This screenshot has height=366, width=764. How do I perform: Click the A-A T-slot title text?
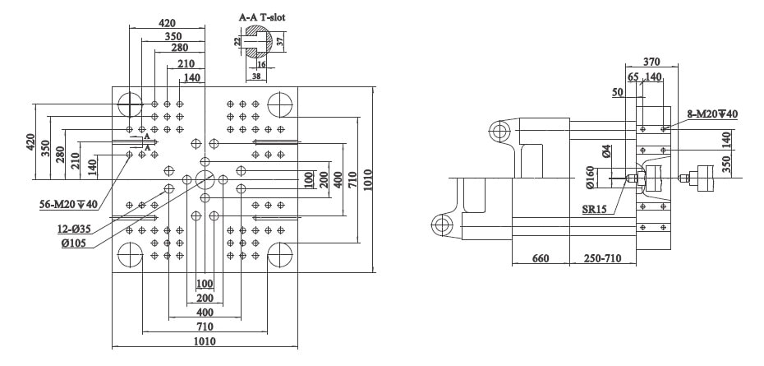point(262,17)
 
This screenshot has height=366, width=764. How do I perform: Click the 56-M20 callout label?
point(69,204)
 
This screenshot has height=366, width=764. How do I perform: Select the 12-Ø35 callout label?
point(73,229)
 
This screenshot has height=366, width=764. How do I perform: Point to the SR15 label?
point(595,210)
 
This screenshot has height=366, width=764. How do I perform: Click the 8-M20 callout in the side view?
point(712,114)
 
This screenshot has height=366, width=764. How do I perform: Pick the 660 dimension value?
point(541,258)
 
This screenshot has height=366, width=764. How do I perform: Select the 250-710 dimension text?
point(603,258)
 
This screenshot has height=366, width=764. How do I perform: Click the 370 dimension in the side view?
point(651,62)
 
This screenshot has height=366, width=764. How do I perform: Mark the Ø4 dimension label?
point(605,151)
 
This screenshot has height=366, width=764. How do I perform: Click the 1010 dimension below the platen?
point(205,341)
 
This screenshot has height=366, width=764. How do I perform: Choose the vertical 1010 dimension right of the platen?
point(367,179)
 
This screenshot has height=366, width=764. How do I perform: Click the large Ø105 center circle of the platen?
point(205,179)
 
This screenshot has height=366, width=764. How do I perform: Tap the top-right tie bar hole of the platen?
point(279,104)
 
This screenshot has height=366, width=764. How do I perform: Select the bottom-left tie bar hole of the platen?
point(130,254)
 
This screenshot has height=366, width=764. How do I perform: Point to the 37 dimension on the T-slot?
point(280,41)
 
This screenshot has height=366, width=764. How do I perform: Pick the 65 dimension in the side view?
point(633,77)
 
